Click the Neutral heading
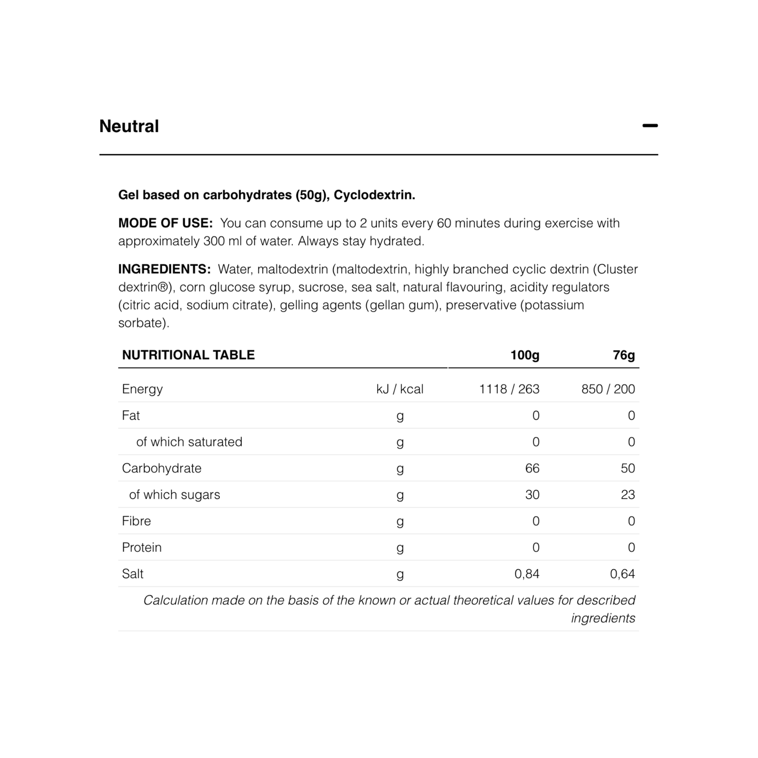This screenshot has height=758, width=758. click(x=129, y=126)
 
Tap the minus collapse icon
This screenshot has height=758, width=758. click(x=650, y=126)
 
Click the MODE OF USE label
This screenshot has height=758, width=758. click(x=165, y=223)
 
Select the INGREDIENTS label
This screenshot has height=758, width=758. click(x=164, y=269)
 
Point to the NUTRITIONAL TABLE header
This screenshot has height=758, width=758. click(x=188, y=355)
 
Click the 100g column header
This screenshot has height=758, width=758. click(x=525, y=355)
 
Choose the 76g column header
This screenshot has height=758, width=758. click(x=624, y=355)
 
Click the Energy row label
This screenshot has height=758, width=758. click(x=142, y=389)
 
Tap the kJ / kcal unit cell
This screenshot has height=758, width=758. click(x=400, y=389)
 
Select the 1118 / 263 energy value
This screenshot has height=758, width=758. click(x=509, y=389)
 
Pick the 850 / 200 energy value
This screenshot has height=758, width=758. click(x=608, y=389)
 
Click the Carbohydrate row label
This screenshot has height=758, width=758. click(x=162, y=468)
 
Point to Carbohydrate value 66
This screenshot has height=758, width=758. click(x=532, y=468)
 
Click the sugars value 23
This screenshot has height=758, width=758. click(x=627, y=495)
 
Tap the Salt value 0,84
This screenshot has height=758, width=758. click(x=527, y=574)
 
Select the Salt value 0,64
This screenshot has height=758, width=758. click(x=622, y=574)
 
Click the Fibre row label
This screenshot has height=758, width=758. click(x=136, y=521)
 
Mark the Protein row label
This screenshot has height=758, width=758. click(x=142, y=548)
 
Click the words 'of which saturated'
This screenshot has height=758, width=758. click(x=189, y=442)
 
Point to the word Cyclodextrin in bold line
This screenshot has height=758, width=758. click(x=374, y=195)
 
